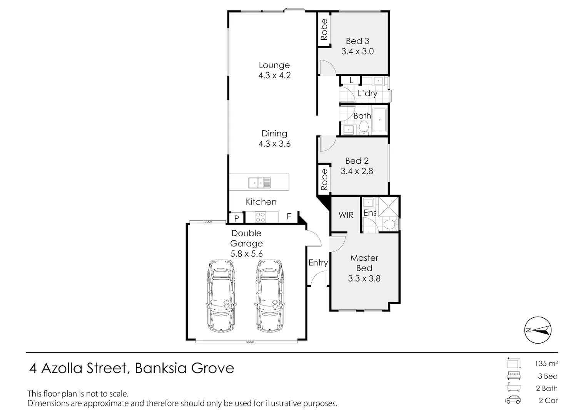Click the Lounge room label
(x=274, y=65)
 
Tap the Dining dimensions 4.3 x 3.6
(x=274, y=144)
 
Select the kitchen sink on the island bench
(x=259, y=183)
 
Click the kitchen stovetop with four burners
(x=260, y=218)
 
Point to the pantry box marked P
(x=237, y=218)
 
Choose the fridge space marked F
(x=289, y=216)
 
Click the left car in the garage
(x=220, y=296)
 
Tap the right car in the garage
(x=270, y=296)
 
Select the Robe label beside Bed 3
(x=324, y=30)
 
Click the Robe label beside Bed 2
(x=324, y=179)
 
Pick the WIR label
(x=346, y=215)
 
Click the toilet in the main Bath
(x=364, y=127)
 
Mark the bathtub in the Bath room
(x=379, y=120)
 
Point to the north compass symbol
(x=538, y=330)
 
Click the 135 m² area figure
(x=546, y=363)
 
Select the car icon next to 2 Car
(x=513, y=400)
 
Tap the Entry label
(x=318, y=263)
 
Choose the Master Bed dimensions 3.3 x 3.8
(x=364, y=278)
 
